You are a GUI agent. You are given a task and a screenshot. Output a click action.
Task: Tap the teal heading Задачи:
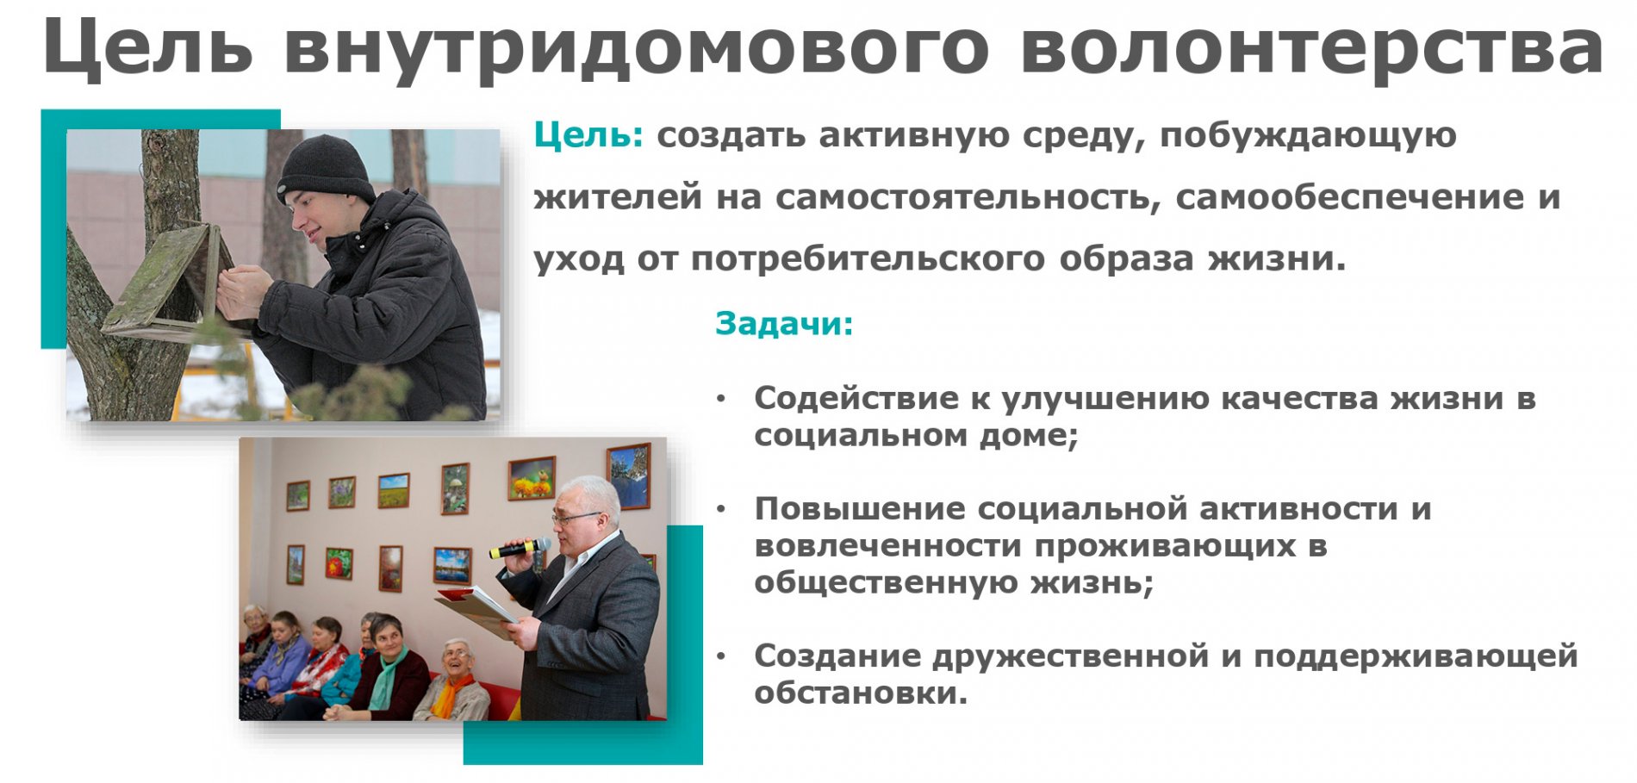(x=784, y=323)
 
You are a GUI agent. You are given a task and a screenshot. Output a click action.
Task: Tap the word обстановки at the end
(x=861, y=693)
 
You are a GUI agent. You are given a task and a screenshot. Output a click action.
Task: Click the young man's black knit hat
(x=325, y=169)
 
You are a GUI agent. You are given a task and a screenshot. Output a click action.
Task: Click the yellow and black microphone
(x=520, y=548)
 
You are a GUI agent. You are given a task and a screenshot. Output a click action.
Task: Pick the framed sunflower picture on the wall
(x=531, y=478)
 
